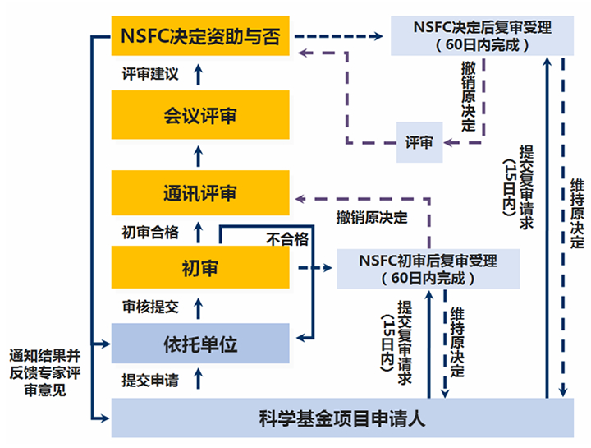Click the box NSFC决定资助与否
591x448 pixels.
pos(200,36)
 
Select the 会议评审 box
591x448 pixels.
pos(200,115)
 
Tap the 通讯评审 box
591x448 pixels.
pos(200,193)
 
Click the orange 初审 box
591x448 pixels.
pos(200,267)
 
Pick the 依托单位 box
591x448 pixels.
pos(200,344)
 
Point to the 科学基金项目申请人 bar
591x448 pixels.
pos(342,418)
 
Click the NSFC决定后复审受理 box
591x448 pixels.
pos(482,36)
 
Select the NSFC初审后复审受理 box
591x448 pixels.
pos(428,269)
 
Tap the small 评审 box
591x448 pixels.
pos(419,142)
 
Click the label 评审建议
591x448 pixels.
pos(150,74)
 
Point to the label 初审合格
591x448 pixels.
pos(150,233)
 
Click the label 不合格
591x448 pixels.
pos(287,239)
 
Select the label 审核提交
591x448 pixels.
pos(150,307)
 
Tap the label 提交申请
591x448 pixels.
pos(150,381)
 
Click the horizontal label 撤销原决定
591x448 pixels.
pos(372,218)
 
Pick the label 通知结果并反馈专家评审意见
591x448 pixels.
pos(45,372)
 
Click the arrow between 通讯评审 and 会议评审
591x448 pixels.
pos(199,156)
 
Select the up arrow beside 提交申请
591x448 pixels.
pos(199,379)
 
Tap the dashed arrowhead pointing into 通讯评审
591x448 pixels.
pos(300,199)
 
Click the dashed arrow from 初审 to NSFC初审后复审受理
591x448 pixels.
pos(315,268)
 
